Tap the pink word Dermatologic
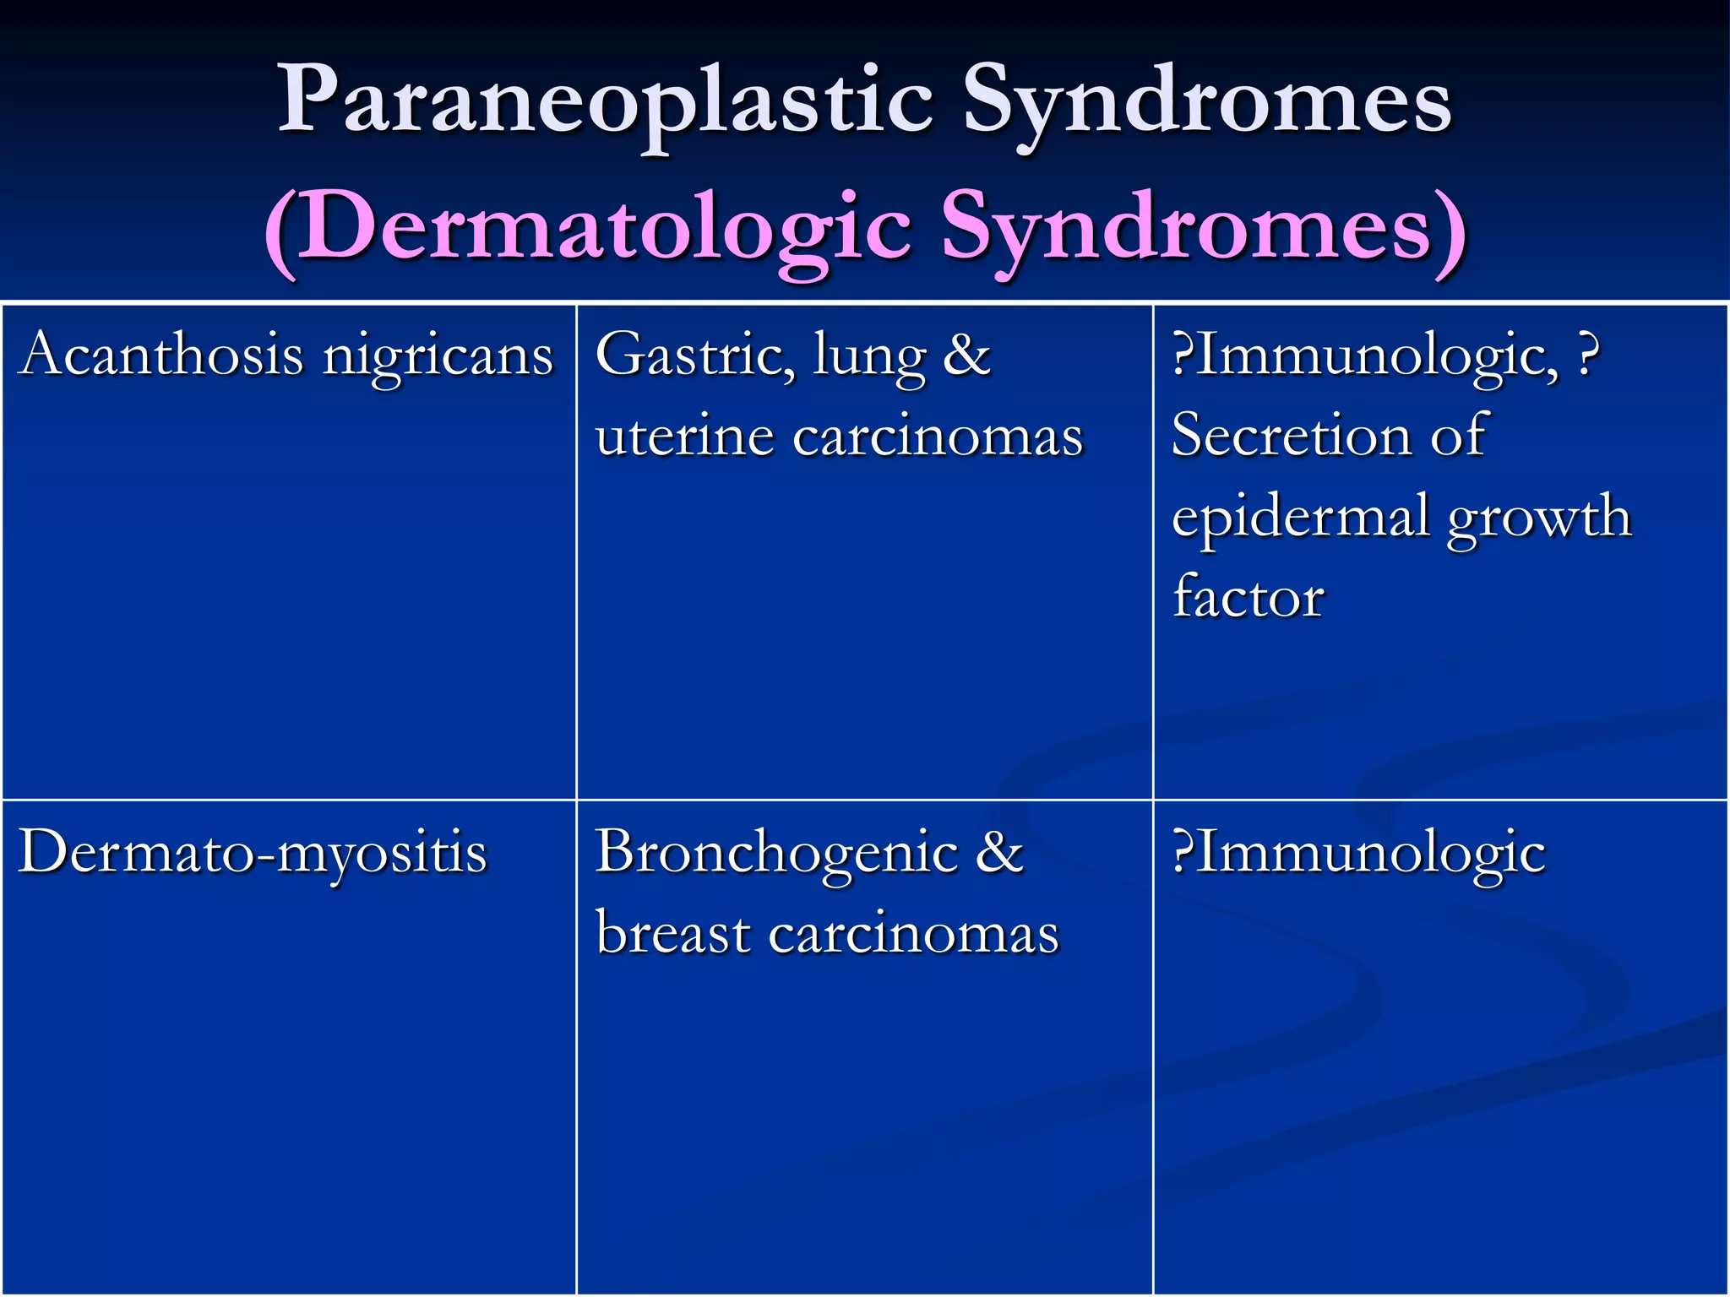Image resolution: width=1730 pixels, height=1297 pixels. (605, 229)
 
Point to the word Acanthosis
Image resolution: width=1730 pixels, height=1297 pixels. (160, 354)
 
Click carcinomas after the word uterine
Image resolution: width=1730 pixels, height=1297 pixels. (938, 437)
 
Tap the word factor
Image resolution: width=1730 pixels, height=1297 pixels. (1248, 596)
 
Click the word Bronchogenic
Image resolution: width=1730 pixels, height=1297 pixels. (776, 853)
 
